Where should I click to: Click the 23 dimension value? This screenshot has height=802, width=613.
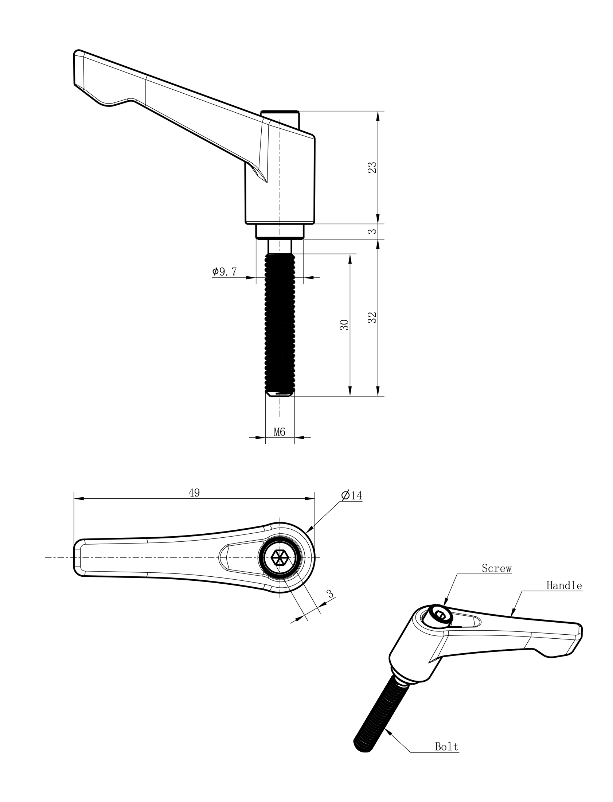coord(372,167)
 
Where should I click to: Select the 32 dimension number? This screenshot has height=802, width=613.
coord(372,318)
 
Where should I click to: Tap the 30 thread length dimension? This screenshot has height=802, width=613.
coord(344,324)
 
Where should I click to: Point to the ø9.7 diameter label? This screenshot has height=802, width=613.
coord(225,272)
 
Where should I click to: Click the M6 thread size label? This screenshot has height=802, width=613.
coord(280,432)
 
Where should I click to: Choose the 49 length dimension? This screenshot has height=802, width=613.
coord(194,493)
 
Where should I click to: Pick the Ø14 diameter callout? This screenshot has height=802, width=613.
coord(352,495)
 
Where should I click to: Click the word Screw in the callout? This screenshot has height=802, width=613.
coord(496,568)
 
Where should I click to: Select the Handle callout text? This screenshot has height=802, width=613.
coord(564,585)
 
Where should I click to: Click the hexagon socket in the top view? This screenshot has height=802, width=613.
coord(280,557)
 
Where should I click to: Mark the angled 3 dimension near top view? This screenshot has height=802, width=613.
coord(331,594)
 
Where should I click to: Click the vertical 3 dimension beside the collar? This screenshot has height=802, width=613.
coord(372,231)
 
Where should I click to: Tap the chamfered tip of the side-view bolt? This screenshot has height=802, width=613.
coord(280,394)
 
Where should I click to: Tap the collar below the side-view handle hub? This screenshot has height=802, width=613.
coord(280,231)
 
